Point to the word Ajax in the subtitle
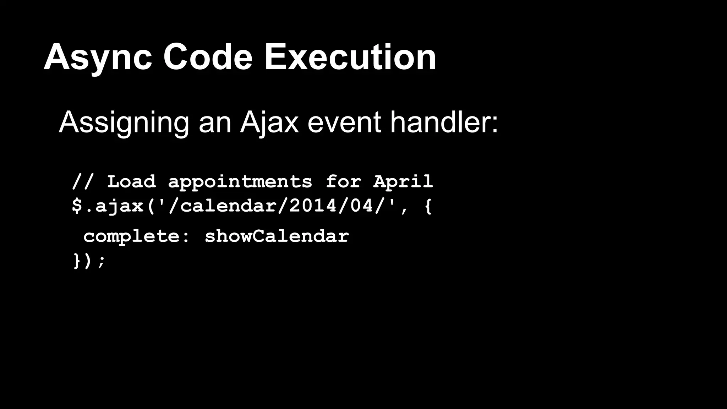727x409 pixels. [x=269, y=123]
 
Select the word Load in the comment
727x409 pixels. [x=131, y=181]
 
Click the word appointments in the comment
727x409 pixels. [x=240, y=182]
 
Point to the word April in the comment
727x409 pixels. [x=403, y=182]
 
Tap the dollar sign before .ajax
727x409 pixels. [x=77, y=206]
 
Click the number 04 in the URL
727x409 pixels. [x=362, y=206]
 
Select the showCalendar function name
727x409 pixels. [x=277, y=236]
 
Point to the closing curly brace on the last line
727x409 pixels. [x=77, y=261]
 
